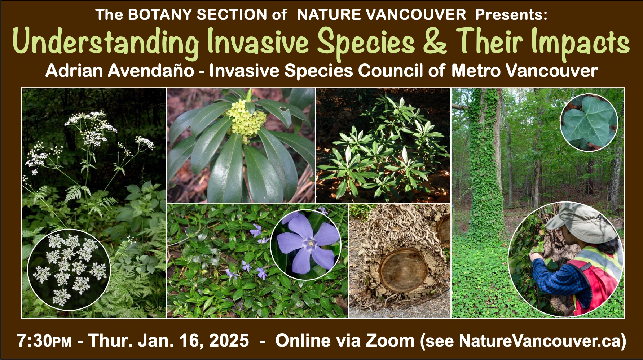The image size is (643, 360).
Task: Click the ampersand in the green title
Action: click(x=435, y=42)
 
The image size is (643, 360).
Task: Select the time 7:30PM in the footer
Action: click(x=44, y=341)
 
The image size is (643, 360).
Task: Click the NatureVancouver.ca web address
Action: click(x=539, y=341)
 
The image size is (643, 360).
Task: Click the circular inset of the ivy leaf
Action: click(x=589, y=123)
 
